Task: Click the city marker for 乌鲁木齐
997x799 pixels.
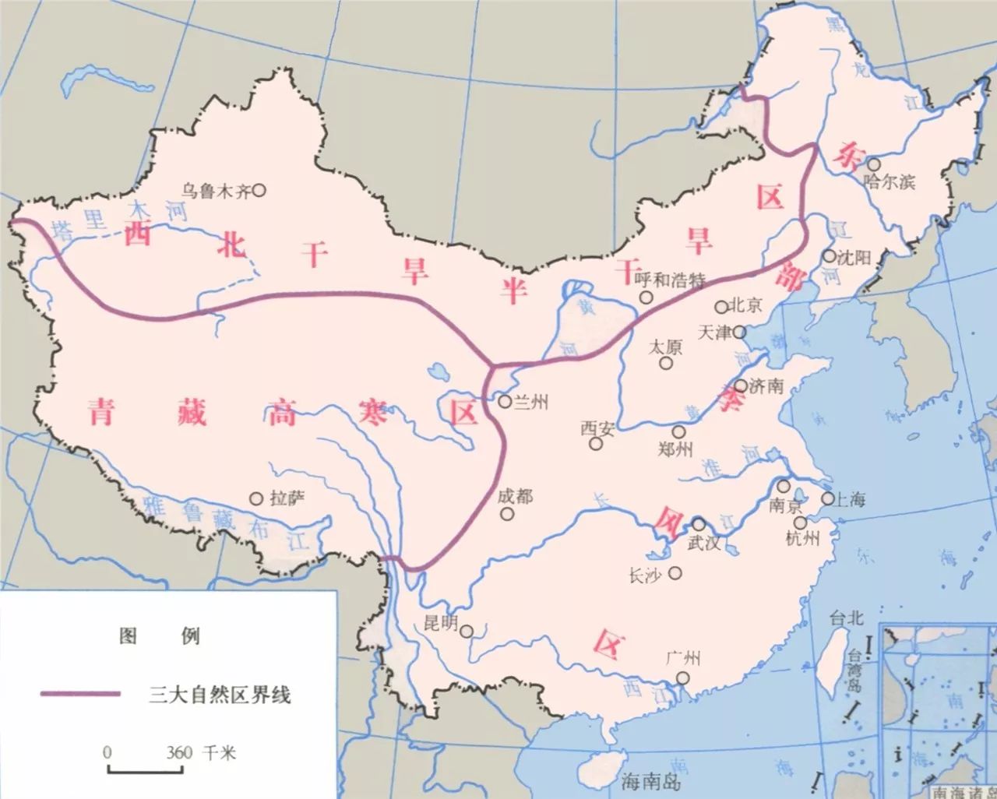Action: tap(259, 188)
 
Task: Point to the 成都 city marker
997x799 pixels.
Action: tap(508, 514)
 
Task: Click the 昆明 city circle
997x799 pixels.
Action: tap(467, 632)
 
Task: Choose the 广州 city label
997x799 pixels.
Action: tap(683, 659)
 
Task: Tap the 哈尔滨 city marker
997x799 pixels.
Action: tap(874, 165)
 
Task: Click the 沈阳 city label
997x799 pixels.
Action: tap(852, 257)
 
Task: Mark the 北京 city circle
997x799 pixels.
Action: tap(721, 306)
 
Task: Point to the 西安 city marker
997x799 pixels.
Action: tap(596, 444)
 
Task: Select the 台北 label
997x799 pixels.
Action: tap(847, 619)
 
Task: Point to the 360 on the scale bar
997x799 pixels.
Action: tap(179, 753)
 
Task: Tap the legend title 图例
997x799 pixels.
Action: tap(159, 636)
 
